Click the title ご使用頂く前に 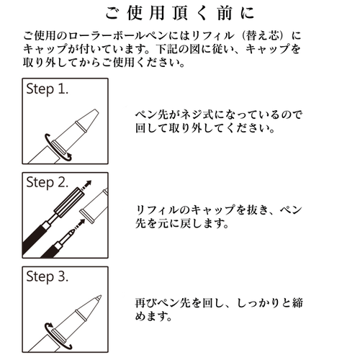click(179, 14)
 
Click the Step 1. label click(55, 91)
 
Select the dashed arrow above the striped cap click(89, 186)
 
